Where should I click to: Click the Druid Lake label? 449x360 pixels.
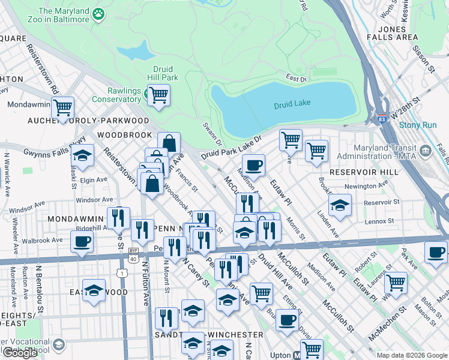pyautogui.click(x=292, y=104)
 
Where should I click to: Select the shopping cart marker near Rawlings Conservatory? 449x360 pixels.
pyautogui.click(x=158, y=94)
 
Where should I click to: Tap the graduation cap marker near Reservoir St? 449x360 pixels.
pyautogui.click(x=340, y=206)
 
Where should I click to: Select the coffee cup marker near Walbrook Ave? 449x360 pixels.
pyautogui.click(x=82, y=242)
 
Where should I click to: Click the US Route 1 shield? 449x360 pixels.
pyautogui.click(x=123, y=273)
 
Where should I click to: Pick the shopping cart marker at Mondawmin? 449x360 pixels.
pyautogui.click(x=62, y=108)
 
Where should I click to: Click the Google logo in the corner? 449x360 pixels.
pyautogui.click(x=20, y=353)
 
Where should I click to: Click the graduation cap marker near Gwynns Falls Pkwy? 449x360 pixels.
pyautogui.click(x=82, y=155)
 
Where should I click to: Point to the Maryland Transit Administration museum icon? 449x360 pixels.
pyautogui.click(x=426, y=149)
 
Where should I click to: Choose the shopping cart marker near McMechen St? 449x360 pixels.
pyautogui.click(x=396, y=281)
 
